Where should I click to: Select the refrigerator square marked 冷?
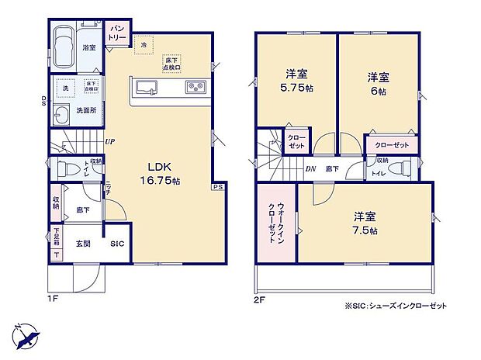144,45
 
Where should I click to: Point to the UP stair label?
111,142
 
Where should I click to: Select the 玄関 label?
83,244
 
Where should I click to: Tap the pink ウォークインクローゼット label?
275,223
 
